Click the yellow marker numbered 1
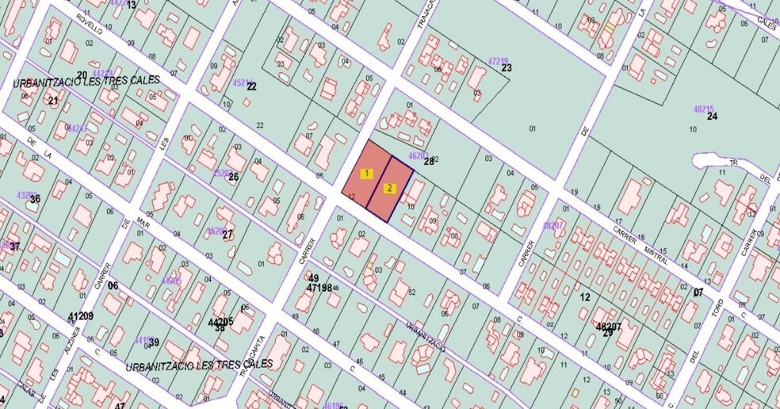pos(366,173)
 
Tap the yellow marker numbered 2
pos(389,189)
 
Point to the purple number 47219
pos(498,61)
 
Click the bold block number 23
pos(507,68)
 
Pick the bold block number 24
pos(712,117)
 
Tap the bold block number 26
pos(233,176)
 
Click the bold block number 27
pos(228,235)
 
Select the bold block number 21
pos(53,101)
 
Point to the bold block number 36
pos(34,199)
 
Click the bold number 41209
pos(81,316)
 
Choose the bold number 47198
pos(319,289)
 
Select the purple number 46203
pos(418,156)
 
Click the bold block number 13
pos(131,6)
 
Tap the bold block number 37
pos(14,247)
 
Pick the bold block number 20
pos(82,75)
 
